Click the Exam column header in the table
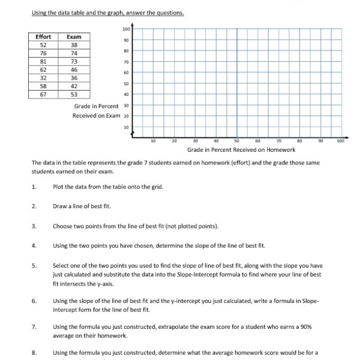pyautogui.click(x=74, y=37)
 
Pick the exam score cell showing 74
pyautogui.click(x=74, y=53)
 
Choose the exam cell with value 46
pyautogui.click(x=74, y=69)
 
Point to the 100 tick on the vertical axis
pyautogui.click(x=126, y=29)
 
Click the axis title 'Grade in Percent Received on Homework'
pyautogui.click(x=241, y=149)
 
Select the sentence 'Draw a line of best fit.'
pyautogui.click(x=82, y=206)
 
